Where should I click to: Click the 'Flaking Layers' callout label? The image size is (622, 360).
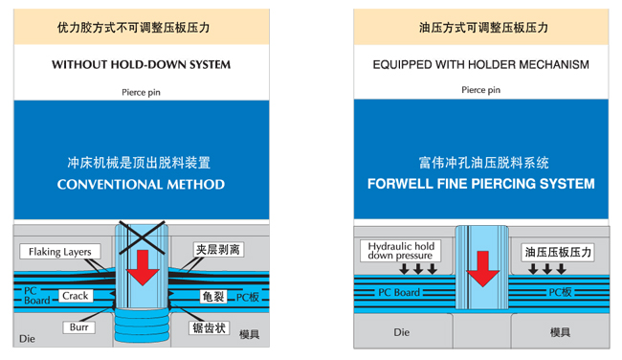coord(60,252)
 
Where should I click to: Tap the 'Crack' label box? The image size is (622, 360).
coord(76,296)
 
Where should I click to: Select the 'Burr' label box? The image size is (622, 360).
coord(78,327)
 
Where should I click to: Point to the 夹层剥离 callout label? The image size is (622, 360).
coord(218,250)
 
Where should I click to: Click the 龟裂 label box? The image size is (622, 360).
coord(213,297)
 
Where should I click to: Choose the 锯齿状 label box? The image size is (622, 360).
coord(209,327)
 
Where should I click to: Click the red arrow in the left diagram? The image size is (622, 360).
coord(143,267)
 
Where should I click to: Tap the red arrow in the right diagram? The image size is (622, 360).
coord(482,269)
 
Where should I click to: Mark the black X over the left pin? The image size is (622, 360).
coord(142,237)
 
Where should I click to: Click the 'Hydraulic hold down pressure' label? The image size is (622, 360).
coord(401,251)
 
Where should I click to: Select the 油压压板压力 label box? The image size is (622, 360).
coord(558,252)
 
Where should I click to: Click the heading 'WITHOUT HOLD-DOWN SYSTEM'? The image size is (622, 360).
coord(142,64)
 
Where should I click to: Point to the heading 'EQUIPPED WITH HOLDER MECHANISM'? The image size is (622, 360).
coord(480,64)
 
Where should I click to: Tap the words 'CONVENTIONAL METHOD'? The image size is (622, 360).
coord(141,184)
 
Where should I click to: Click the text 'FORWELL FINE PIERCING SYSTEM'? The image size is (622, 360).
coord(480,184)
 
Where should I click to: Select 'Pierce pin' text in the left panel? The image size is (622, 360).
coord(141,92)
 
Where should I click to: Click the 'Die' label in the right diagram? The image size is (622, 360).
coord(402,332)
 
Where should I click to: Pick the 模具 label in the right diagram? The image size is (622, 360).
coord(560,332)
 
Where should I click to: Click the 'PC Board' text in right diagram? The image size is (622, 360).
coord(399,293)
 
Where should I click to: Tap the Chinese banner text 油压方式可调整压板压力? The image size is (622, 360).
coord(483,28)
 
